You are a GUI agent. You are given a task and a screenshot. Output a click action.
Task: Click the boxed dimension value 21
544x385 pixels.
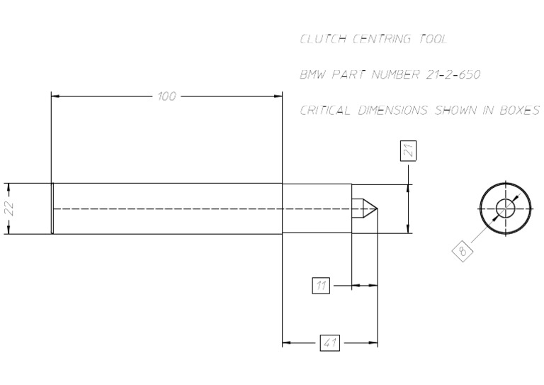[408, 150]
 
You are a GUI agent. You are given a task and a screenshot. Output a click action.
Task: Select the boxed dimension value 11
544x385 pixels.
[322, 286]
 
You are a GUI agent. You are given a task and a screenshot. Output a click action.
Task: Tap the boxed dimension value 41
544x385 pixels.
[329, 343]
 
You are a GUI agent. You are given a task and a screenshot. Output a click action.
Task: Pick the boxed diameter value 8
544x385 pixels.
[463, 250]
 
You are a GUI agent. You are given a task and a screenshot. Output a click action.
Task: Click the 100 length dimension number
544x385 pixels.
[166, 96]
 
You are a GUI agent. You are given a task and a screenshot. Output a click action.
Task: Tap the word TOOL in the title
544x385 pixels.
[433, 39]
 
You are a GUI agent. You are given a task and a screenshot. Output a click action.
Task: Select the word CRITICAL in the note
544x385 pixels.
[325, 111]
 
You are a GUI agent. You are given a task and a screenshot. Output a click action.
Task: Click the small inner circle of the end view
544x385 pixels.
[506, 208]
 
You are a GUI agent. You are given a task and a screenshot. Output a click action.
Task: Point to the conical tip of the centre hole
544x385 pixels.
[370, 208]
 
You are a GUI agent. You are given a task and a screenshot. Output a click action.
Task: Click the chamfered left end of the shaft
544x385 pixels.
[52, 208]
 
